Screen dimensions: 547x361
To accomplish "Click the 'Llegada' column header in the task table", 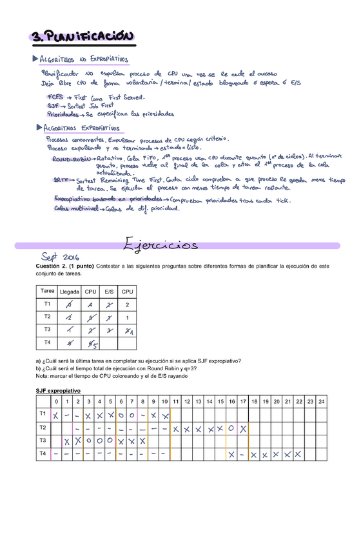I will pos(70,292).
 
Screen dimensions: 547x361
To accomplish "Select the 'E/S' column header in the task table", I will pos(109,292).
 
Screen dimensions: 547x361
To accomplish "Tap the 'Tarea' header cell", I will pos(47,292).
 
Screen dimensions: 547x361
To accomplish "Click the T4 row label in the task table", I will pos(47,342).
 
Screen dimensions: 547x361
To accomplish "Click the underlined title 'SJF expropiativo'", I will pos(59,391).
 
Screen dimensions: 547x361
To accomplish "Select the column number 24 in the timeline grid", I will pos(321,401).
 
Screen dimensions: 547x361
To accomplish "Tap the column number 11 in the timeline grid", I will pos(175,401).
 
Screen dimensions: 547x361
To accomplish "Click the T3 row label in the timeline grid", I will pos(43,441).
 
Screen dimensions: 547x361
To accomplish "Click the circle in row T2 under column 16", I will pos(232,428).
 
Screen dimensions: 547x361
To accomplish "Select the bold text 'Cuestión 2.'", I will pos(53,266).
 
